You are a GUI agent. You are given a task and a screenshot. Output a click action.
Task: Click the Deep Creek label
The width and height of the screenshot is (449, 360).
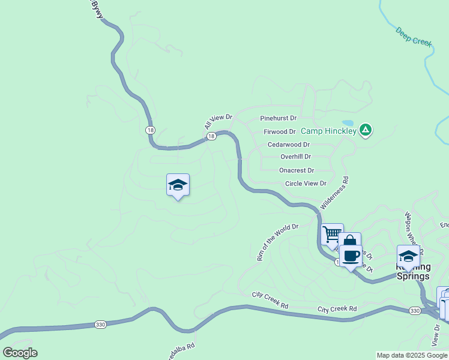pos(414,37)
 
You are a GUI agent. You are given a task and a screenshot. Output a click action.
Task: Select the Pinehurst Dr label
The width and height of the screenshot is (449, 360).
pos(279,119)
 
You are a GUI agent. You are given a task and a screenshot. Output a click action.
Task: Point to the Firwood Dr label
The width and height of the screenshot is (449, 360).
pos(280,131)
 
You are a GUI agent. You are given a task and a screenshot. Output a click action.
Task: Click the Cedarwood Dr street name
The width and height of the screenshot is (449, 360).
pos(289,145)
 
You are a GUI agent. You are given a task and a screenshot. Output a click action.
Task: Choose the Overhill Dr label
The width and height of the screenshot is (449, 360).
pos(296,157)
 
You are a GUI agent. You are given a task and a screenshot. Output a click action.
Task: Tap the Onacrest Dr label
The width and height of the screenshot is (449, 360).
pos(297,170)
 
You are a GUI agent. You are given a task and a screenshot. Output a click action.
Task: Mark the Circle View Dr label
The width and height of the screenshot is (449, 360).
pos(306,184)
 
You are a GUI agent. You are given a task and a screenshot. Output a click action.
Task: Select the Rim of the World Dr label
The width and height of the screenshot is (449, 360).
pos(277,242)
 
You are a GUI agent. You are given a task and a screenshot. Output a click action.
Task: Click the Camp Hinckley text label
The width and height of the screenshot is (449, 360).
pos(328,131)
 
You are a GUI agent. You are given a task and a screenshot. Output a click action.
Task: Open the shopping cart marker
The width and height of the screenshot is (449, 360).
pos(331,233)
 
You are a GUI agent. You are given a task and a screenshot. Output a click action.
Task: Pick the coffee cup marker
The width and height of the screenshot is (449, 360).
pos(351,256)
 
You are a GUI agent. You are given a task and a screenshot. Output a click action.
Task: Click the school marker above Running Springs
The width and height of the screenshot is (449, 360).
pos(408,256)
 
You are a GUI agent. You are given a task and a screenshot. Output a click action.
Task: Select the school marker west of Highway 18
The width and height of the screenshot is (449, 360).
pos(178,185)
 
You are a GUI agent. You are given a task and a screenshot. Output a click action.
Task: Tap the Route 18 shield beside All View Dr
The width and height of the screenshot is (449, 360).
pos(211,137)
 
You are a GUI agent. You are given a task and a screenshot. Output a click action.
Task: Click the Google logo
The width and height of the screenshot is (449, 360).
pos(20,353)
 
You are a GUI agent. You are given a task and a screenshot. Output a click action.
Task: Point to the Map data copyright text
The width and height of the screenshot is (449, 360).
pos(412,355)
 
